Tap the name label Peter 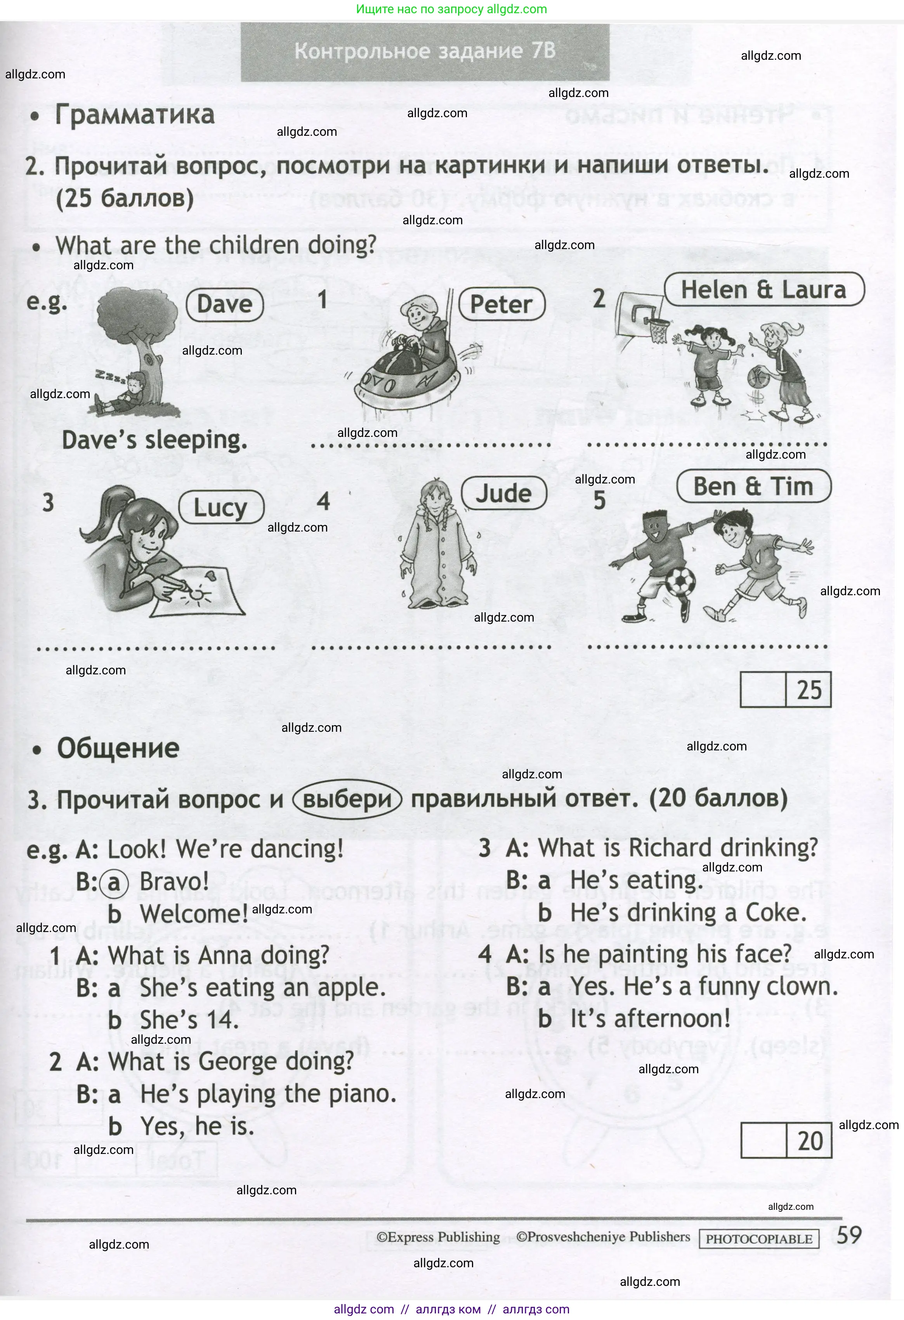[501, 305]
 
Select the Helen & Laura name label [763, 290]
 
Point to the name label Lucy [221, 507]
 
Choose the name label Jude [503, 493]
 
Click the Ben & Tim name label [753, 487]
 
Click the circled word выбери [347, 800]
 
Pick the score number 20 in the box [810, 1141]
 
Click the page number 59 [849, 1235]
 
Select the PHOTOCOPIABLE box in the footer [759, 1239]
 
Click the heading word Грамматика [135, 115]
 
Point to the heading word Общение [118, 748]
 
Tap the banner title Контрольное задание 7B [425, 51]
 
